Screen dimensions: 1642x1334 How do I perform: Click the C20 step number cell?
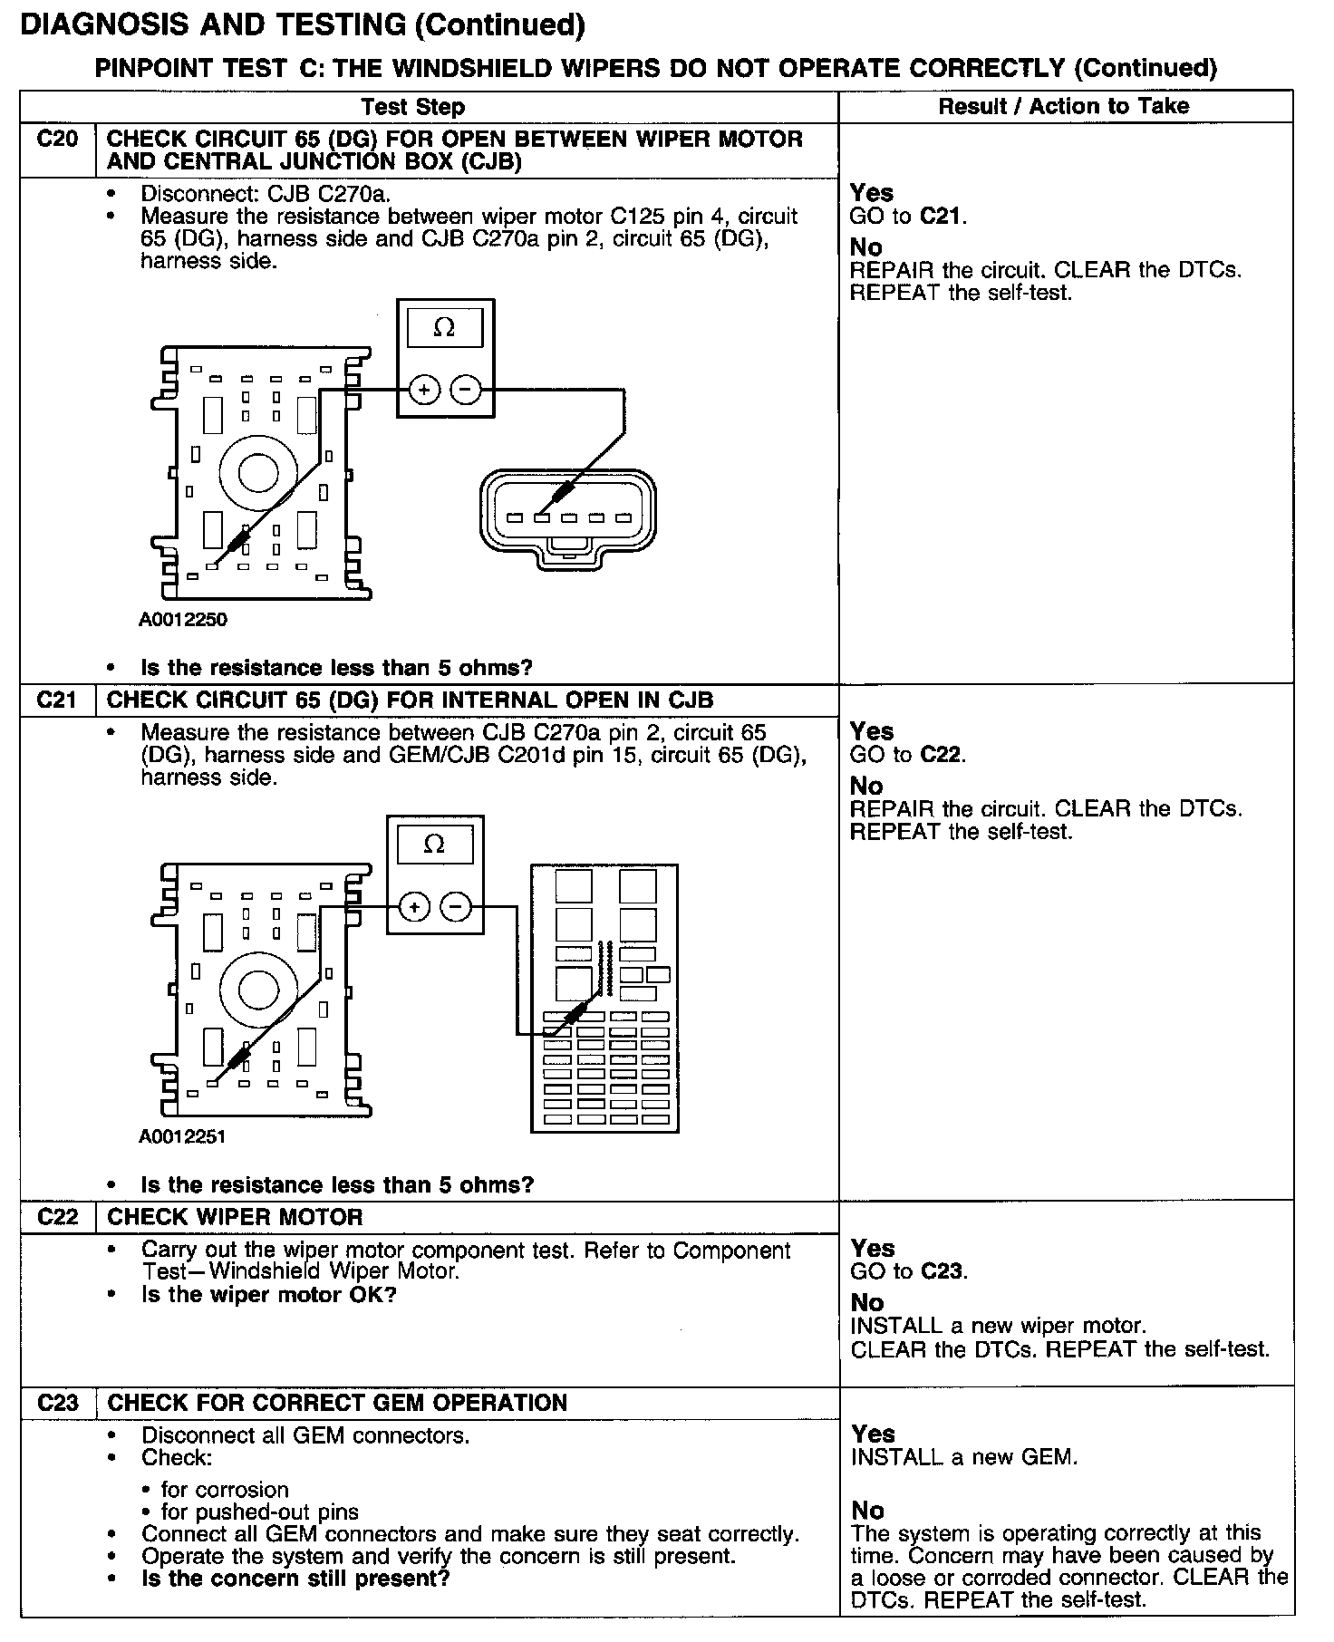[57, 140]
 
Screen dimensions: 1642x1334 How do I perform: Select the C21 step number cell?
[57, 700]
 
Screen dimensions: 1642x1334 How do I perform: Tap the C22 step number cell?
[57, 1217]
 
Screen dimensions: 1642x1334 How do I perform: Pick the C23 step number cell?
[57, 1403]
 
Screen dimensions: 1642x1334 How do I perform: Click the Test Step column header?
[412, 107]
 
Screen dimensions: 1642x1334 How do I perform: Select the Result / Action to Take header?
[1064, 106]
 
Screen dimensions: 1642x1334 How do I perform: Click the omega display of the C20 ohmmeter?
[444, 328]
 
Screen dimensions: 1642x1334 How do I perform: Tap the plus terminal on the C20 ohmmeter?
[424, 391]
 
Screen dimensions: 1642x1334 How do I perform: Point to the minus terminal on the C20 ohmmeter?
[466, 391]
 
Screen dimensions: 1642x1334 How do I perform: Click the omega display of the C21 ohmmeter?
[434, 845]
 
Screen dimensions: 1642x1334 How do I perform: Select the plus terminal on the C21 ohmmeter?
[414, 906]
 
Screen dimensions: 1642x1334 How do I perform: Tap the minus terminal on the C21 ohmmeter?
[456, 906]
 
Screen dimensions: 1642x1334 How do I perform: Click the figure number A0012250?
[182, 620]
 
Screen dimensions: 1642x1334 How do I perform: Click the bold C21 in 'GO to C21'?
[942, 216]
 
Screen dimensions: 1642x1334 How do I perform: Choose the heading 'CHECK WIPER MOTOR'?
[235, 1217]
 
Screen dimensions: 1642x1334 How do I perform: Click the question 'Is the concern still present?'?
[295, 1578]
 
